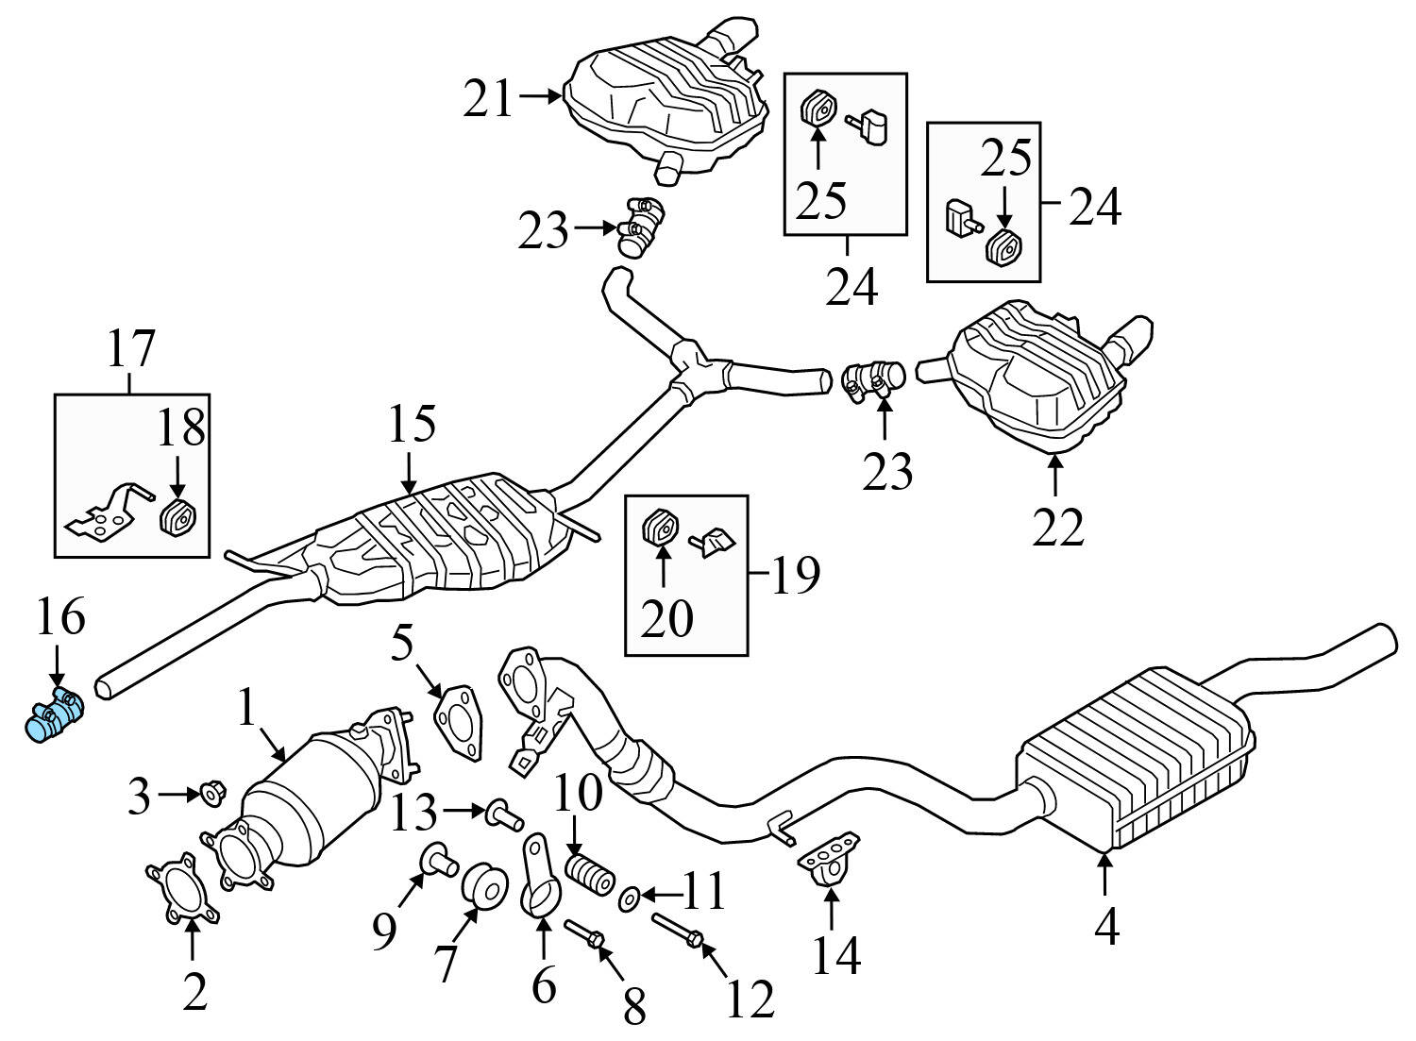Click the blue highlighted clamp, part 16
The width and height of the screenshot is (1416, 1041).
click(x=53, y=714)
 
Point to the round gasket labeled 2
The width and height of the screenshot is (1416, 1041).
click(x=183, y=889)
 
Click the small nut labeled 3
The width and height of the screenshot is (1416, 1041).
click(x=210, y=796)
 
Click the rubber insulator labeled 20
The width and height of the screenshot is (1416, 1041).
click(x=661, y=529)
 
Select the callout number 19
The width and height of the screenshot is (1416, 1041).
click(x=794, y=576)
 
